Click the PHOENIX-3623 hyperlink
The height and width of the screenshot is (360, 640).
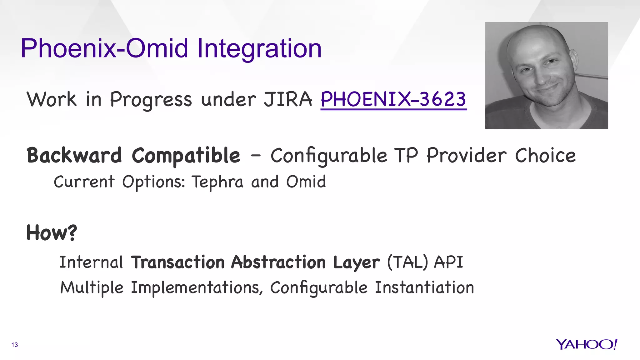point(393,99)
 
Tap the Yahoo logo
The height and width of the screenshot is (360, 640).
point(586,344)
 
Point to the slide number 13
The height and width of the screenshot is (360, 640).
point(15,345)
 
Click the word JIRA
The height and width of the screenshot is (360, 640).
point(288,99)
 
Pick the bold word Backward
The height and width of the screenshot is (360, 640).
point(74,155)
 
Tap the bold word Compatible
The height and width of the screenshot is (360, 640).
point(186,156)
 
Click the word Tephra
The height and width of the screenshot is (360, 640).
point(217,182)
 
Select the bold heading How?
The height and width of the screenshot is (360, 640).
point(52,233)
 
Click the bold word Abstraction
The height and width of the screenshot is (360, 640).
point(278,262)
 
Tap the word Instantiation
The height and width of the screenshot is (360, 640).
point(424,287)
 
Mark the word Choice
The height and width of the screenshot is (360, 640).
point(545,155)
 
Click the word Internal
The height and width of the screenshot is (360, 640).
point(91,262)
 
